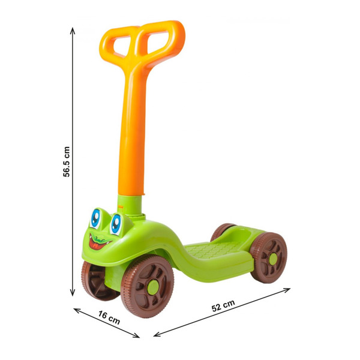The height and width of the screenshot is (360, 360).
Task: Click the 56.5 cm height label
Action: coord(67,162)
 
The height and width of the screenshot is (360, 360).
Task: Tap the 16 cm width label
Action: coord(109,317)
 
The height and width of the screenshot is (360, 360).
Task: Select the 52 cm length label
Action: coord(223,305)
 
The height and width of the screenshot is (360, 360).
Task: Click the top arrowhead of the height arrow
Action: coord(73,31)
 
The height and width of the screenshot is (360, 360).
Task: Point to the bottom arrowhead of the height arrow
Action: coord(73,293)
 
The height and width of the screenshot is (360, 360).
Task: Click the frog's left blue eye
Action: coord(95,218)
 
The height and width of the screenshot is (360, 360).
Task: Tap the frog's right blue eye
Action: coord(116,224)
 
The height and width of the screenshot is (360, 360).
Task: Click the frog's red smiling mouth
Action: coord(99,243)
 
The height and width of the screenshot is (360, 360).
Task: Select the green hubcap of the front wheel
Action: coord(152,287)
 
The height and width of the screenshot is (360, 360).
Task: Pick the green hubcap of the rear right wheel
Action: coord(273,259)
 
